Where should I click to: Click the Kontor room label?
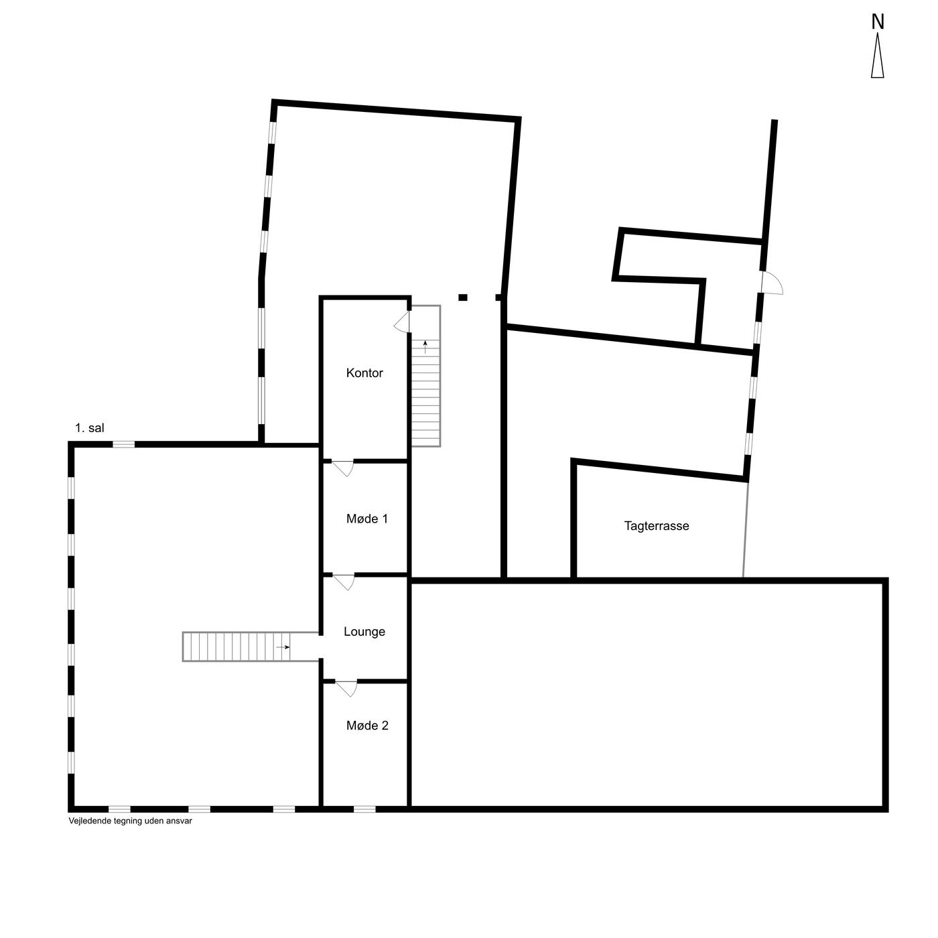[x=364, y=373]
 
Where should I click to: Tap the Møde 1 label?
[x=367, y=519]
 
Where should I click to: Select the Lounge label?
[x=364, y=631]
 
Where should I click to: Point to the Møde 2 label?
[x=367, y=726]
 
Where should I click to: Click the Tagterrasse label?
[x=656, y=526]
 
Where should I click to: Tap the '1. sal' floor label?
[x=90, y=428]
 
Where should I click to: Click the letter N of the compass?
[x=878, y=22]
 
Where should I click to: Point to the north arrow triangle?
[x=878, y=55]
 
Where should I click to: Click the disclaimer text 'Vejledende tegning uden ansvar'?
[x=131, y=821]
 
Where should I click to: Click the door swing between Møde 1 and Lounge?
[x=345, y=582]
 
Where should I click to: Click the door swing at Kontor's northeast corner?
[x=401, y=322]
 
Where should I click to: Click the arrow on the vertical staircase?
[x=425, y=347]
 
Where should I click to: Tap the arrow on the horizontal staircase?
[x=283, y=647]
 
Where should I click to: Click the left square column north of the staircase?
[x=462, y=297]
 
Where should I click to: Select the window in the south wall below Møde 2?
[x=364, y=809]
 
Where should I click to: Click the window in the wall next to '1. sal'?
[x=124, y=444]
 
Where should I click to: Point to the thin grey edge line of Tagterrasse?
[x=745, y=529]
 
